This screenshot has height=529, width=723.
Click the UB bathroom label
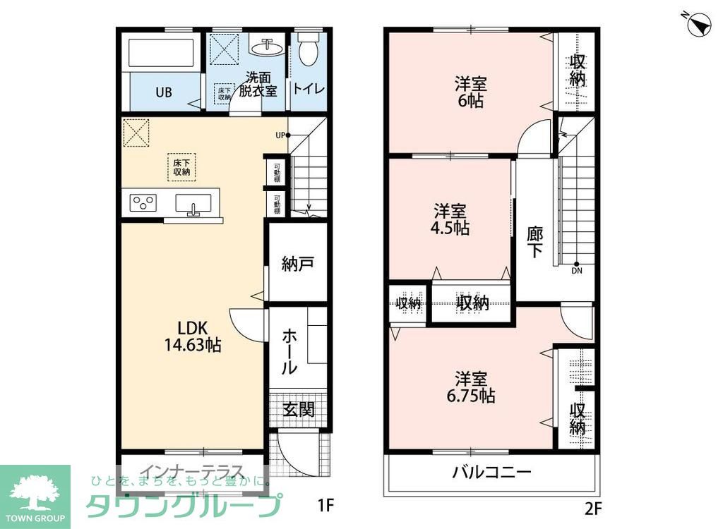tap(164, 92)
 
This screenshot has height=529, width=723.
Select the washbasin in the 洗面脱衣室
tap(268, 47)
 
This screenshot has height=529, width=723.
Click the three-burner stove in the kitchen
tap(143, 203)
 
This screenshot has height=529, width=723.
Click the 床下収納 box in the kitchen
tap(181, 166)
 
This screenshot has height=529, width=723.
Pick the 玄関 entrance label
tap(299, 409)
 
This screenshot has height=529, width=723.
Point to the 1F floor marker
tap(325, 505)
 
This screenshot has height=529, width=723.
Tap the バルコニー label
tap(491, 472)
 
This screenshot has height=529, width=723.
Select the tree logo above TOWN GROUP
tap(35, 487)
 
